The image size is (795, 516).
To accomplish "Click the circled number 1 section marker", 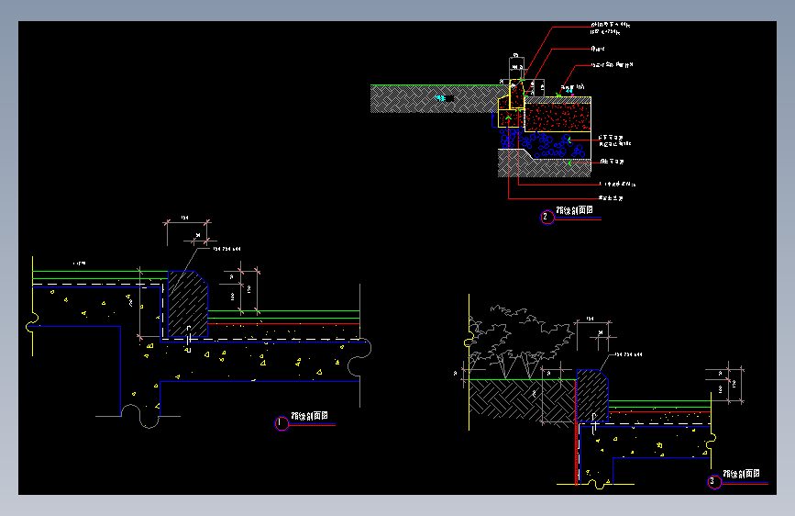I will (282, 423).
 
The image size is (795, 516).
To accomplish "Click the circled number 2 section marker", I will (547, 218).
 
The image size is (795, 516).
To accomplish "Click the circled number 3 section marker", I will (713, 481).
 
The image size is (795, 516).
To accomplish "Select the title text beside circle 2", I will (575, 211).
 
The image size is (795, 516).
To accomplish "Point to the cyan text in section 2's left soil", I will (445, 97).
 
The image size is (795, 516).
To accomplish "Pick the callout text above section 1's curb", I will (227, 248).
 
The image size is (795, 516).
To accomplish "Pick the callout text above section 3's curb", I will (627, 353).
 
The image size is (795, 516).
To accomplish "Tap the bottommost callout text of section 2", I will (612, 197).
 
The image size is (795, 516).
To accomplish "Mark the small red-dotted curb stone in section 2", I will (516, 93).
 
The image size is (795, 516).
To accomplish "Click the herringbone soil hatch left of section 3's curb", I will (504, 402).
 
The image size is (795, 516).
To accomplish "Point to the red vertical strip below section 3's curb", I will (575, 454).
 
